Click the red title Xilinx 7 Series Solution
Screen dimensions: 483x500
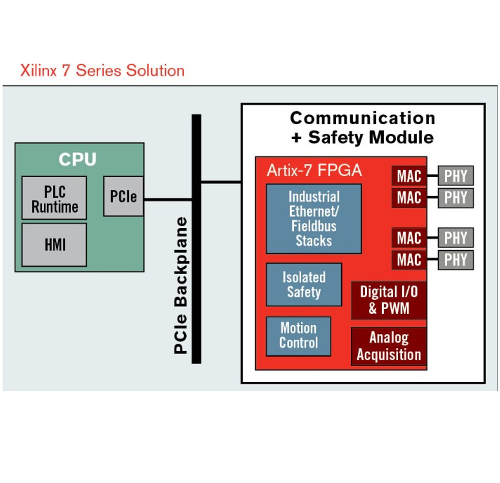coord(102,71)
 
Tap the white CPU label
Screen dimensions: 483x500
coord(77,159)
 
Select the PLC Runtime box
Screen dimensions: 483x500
coord(54,198)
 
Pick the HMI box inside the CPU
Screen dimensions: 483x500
coord(54,245)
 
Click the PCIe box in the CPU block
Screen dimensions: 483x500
coord(123,196)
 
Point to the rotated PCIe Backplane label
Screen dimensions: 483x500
coord(180,285)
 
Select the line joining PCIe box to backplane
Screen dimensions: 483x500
coord(168,200)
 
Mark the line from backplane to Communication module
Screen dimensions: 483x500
coord(221,182)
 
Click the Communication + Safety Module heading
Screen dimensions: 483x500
coord(362,128)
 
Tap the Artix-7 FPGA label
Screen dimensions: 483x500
coord(314,170)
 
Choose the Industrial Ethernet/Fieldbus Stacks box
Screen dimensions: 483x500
coord(314,219)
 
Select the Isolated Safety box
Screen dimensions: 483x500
coord(304,284)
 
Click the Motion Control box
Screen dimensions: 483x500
coord(298,336)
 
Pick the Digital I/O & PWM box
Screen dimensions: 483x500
coord(389,300)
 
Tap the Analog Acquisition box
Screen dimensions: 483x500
coord(389,346)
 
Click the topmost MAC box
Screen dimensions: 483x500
coord(409,176)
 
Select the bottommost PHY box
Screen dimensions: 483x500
coord(455,260)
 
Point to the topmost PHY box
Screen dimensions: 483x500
coord(455,176)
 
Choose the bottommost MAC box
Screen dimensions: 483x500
coord(409,260)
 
